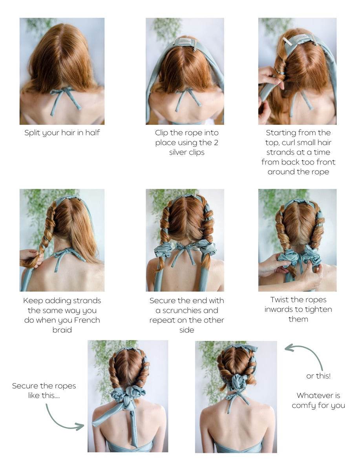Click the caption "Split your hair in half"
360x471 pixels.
62,133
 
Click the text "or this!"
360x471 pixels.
318,376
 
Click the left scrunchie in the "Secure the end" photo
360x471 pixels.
163,249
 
